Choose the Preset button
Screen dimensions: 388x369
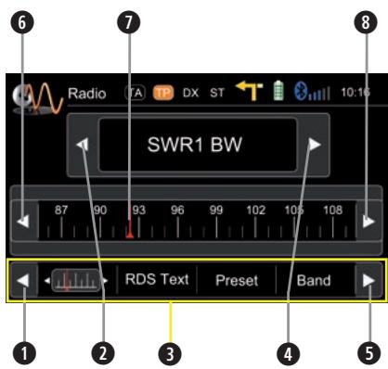237,280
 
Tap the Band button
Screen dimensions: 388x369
314,280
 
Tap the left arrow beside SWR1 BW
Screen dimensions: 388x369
84,145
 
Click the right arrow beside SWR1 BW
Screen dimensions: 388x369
316,145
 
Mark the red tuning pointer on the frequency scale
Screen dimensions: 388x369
129,233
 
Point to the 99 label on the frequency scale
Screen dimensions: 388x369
216,210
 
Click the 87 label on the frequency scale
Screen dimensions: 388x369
61,210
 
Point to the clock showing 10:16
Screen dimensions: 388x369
355,94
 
